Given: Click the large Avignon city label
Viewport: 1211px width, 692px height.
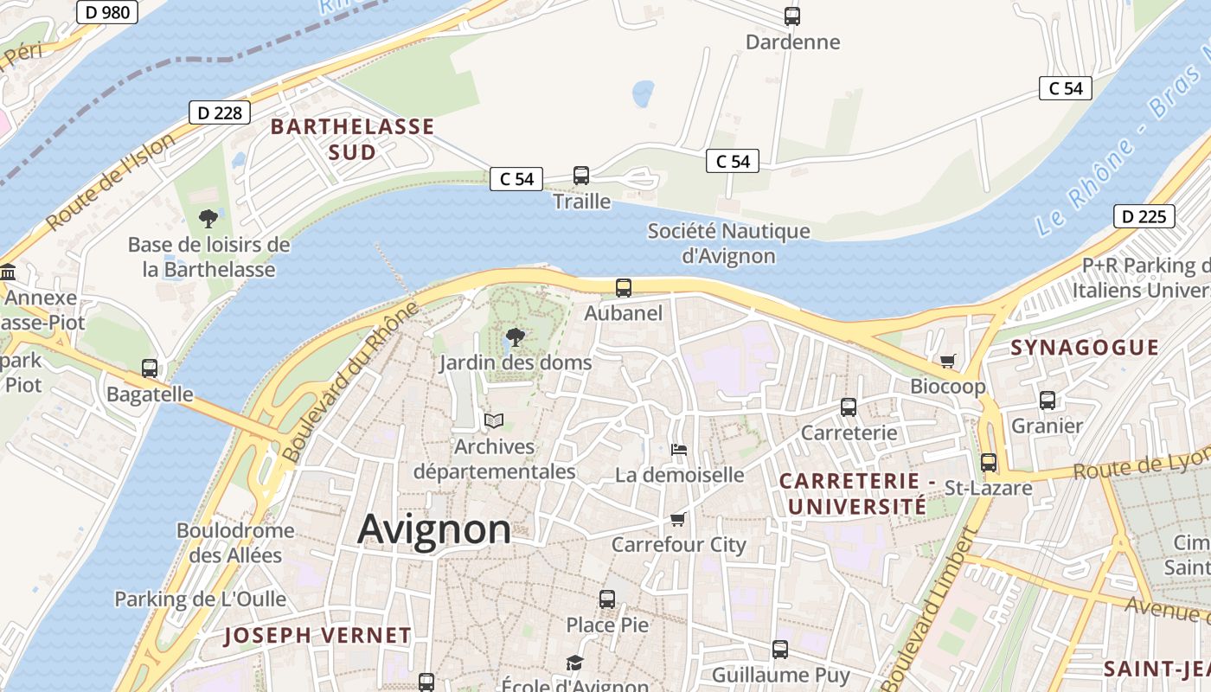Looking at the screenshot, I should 433,529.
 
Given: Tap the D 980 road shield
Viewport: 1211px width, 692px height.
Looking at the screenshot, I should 106,11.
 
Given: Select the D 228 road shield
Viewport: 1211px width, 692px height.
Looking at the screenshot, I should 220,112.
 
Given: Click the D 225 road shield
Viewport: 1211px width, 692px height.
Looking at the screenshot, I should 1144,216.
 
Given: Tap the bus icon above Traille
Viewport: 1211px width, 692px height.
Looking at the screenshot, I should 581,176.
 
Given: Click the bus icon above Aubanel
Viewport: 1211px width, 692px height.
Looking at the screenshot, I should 623,288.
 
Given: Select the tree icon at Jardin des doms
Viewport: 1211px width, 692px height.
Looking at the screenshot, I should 515,337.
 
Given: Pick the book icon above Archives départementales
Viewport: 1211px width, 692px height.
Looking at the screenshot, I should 494,420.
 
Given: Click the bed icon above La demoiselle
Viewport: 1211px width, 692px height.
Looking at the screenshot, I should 679,449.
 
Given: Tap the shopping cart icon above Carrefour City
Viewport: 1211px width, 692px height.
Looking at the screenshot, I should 678,519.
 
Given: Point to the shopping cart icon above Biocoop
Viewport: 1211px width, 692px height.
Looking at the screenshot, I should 948,361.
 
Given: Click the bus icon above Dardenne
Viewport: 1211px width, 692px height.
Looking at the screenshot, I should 791,16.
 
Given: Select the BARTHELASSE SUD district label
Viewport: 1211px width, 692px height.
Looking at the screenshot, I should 352,139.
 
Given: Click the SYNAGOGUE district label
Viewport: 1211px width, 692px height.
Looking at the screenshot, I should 1085,348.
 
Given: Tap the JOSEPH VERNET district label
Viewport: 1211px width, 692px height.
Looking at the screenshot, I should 317,636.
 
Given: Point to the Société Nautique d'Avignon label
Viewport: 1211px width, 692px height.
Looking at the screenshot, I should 728,243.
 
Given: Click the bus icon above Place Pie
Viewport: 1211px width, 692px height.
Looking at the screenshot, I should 607,599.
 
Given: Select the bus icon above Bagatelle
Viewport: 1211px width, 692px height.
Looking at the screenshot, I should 150,368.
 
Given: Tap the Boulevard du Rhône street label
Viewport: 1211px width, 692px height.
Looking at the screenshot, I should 350,381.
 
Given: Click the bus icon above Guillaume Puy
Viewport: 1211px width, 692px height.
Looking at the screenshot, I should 780,649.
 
